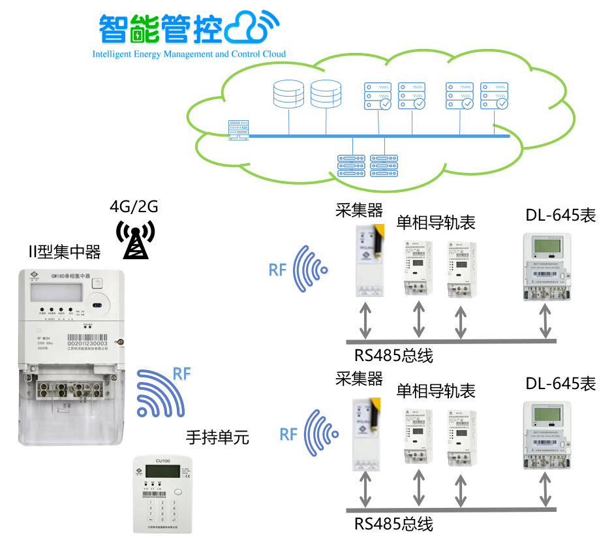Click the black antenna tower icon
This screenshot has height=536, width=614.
click(135, 240)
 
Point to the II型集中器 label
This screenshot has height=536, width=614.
click(65, 251)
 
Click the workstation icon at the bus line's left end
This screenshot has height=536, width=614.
click(237, 129)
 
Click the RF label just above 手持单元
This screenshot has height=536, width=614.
click(181, 375)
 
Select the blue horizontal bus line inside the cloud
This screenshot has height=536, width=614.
click(378, 136)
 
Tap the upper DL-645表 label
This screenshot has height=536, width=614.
click(560, 215)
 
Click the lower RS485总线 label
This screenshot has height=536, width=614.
click(393, 524)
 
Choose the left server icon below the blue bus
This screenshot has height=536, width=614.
click(350, 165)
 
